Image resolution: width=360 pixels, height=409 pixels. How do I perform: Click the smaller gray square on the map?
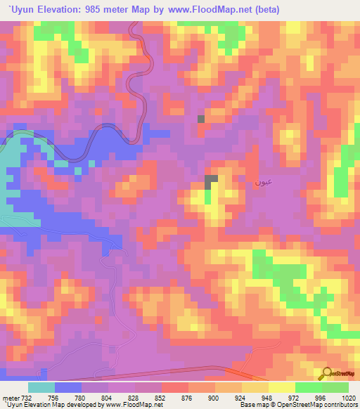point(201,119)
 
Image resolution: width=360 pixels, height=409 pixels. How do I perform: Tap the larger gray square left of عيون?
point(211,182)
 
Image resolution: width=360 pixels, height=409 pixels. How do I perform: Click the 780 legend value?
point(82,398)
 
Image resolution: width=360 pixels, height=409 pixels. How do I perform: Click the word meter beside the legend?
point(9,398)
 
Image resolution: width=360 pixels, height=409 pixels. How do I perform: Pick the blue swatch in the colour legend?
point(68,387)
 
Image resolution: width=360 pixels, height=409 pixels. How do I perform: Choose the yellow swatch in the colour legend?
point(281,387)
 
